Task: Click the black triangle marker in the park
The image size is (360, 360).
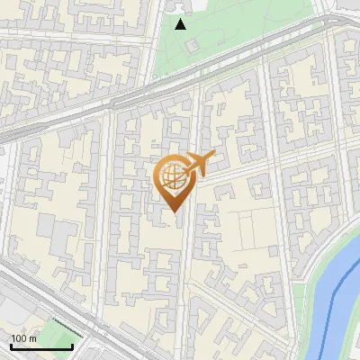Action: click(180, 24)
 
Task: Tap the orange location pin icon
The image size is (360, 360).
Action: click(175, 180)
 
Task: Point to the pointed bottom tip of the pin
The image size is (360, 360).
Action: click(174, 211)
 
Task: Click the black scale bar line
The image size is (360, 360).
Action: click(40, 346)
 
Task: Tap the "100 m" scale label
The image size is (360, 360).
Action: click(24, 338)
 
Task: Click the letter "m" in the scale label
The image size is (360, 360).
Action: click(34, 338)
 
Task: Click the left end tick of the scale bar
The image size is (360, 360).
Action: click(10, 345)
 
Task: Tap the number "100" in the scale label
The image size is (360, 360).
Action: click(20, 338)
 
